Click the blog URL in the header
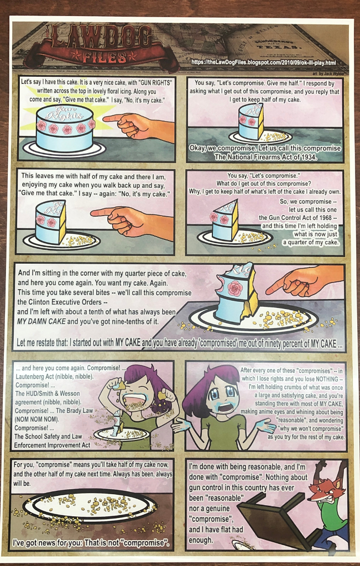pos(264,62)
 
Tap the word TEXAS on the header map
pos(284,47)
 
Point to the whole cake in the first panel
pos(64,128)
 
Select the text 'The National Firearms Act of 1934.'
pos(265,157)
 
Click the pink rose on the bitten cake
pos(236,287)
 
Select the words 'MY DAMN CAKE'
pos(41,321)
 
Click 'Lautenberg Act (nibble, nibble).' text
pos(55,376)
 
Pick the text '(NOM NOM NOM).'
pos(36,420)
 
